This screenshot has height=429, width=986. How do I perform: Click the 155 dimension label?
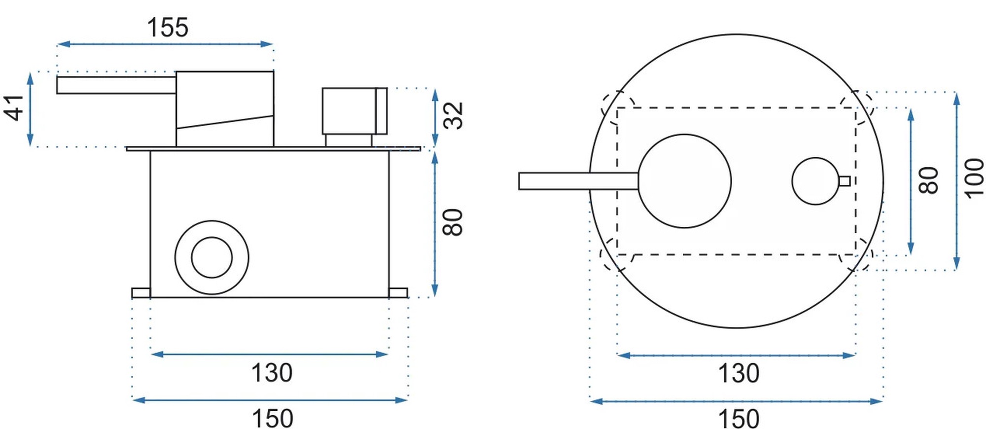(x=168, y=28)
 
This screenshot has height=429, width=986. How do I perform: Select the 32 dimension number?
(x=454, y=115)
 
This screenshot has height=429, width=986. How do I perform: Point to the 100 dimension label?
(x=974, y=179)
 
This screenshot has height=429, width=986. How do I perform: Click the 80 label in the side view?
(x=454, y=222)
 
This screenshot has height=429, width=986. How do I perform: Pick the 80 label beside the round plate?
(x=929, y=180)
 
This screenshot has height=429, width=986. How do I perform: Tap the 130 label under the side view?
(x=272, y=373)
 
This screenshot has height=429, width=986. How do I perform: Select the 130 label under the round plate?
(x=739, y=373)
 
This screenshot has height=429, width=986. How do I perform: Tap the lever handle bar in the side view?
(x=116, y=85)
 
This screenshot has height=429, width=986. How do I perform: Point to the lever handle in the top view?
(x=579, y=181)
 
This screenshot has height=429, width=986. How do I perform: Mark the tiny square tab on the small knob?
(x=845, y=181)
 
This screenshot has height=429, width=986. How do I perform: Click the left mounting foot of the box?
(x=141, y=293)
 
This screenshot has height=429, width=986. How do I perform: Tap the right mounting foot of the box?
(x=398, y=293)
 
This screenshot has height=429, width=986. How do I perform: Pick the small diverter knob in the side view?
(x=354, y=111)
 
